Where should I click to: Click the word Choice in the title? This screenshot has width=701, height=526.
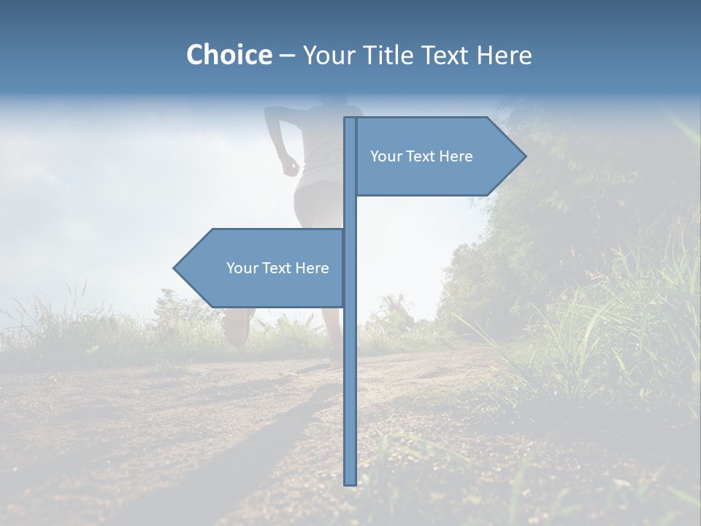[x=229, y=55]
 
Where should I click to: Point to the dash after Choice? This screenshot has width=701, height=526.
[x=287, y=56]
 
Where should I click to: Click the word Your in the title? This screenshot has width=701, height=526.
[x=331, y=56]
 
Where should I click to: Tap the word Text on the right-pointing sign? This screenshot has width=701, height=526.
[x=421, y=156]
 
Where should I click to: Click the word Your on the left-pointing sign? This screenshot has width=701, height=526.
[x=242, y=268]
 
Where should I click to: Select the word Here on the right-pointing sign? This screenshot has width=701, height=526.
[x=456, y=156]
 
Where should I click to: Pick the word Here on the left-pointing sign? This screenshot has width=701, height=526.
[x=312, y=268]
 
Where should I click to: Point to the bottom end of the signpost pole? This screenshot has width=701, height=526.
[x=350, y=482]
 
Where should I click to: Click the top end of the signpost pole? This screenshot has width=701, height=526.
[x=350, y=120]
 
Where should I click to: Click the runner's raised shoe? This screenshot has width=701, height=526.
[x=237, y=327]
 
